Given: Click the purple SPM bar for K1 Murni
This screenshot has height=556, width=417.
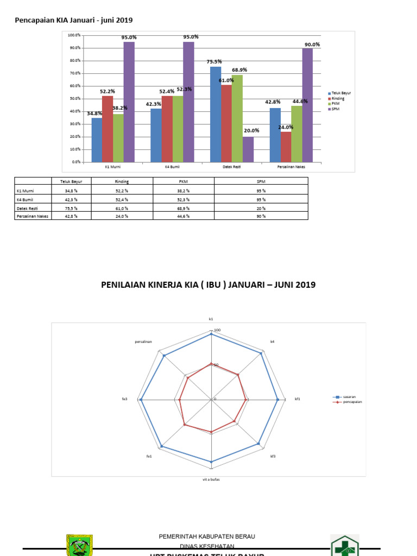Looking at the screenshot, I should [x=129, y=102].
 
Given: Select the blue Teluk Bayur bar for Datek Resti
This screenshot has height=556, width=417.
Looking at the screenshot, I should [x=216, y=114].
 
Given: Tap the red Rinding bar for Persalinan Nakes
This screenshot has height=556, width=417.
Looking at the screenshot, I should [x=286, y=147].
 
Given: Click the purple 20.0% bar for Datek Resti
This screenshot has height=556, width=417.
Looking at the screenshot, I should [x=248, y=149].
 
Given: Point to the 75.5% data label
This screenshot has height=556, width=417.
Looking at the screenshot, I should [x=214, y=62].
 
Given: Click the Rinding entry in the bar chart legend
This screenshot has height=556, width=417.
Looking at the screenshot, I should [x=338, y=99].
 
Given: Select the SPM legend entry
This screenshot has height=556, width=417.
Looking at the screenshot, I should [x=336, y=110].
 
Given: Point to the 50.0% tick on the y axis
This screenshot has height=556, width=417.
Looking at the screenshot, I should [x=75, y=98].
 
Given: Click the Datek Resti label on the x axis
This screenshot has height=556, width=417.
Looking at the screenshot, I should [x=232, y=167].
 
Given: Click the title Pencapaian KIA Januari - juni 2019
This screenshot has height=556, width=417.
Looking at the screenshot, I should [x=73, y=20].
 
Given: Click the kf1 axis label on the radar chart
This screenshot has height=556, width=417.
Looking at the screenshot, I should [x=297, y=399].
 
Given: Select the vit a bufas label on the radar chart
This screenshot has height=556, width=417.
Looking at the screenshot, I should [x=211, y=480].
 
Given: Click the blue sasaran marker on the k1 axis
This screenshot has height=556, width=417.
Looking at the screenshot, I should [x=211, y=335].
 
